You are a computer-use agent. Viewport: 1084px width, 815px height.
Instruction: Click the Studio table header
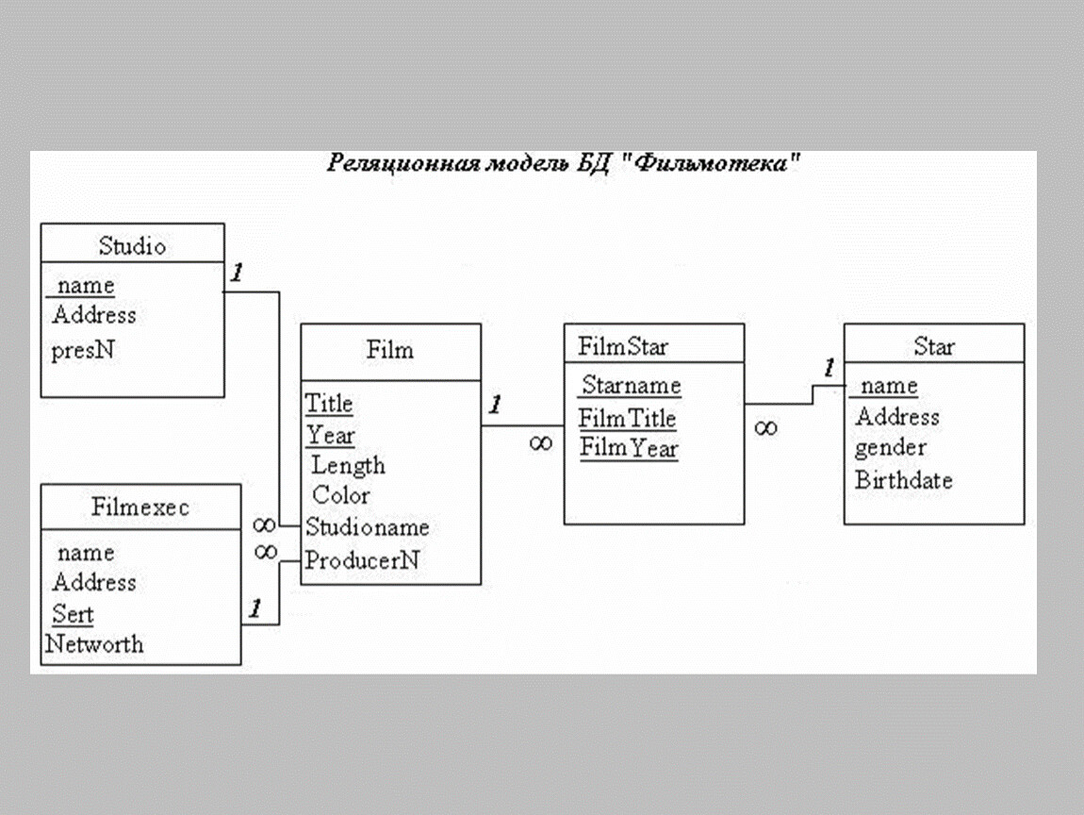132,246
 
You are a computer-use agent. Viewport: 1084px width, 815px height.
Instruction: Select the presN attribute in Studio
83,351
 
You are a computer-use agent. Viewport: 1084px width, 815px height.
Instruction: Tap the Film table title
389,350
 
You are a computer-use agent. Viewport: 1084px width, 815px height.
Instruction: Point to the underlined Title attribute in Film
329,404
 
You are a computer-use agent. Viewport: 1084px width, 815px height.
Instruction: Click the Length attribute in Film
348,465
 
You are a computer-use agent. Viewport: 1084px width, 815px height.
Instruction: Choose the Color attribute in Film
341,495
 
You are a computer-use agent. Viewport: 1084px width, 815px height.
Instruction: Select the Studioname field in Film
367,527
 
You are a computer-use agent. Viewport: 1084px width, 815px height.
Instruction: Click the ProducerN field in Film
362,560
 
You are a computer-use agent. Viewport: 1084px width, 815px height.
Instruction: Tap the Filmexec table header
140,507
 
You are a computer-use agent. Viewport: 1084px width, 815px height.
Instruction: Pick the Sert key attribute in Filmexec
73,615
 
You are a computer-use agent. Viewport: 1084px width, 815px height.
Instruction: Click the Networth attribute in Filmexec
95,645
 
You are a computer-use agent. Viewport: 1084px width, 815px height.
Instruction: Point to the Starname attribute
631,385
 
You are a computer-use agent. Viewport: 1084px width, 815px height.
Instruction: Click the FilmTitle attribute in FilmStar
628,418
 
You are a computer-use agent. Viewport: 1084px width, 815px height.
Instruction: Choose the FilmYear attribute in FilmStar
629,449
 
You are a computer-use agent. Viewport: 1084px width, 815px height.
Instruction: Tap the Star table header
933,347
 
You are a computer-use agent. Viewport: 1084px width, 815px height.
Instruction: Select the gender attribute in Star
891,447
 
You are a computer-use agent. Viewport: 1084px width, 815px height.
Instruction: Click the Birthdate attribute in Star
903,480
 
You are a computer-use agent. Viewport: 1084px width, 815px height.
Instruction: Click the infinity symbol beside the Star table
765,428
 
